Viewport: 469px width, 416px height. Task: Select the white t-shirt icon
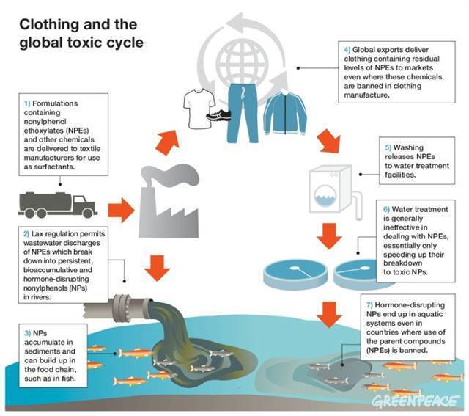pos(199,106)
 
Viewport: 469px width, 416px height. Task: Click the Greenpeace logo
pos(416,401)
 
